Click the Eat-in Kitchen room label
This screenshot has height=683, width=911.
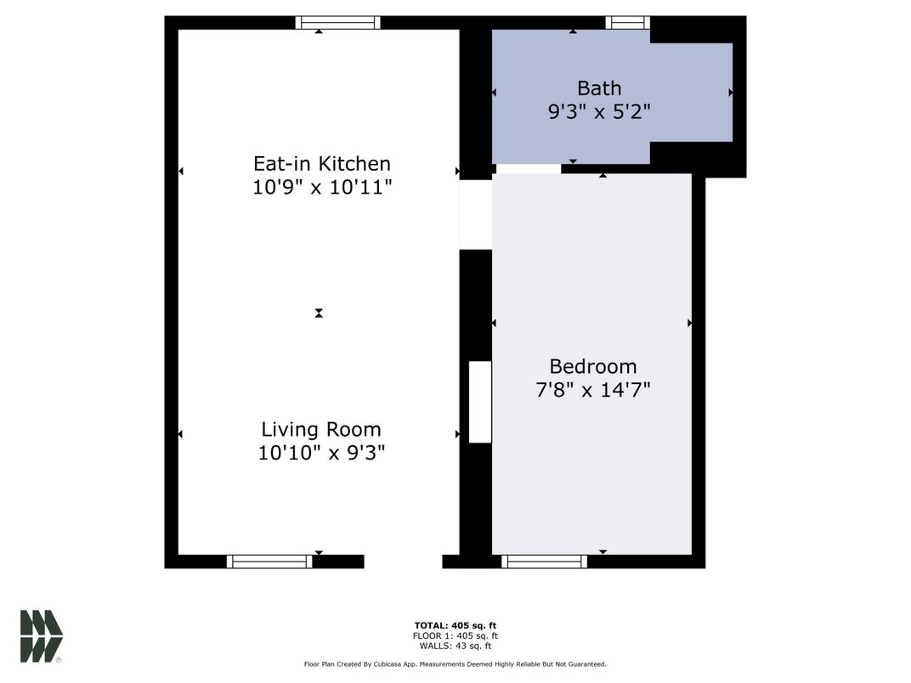[321, 163]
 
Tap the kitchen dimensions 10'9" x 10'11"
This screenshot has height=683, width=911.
[321, 187]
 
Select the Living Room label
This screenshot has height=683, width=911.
[321, 429]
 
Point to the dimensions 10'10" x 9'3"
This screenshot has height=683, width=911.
[321, 453]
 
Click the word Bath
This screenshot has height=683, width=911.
[599, 87]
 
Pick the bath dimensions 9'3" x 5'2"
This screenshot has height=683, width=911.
[599, 111]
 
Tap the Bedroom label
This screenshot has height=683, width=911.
[592, 366]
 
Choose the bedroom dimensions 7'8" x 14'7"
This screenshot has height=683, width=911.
[592, 390]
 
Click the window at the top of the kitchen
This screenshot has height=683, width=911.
[337, 23]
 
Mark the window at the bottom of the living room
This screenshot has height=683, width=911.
[269, 562]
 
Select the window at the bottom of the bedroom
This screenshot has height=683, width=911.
[544, 562]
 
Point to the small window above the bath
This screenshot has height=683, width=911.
[627, 23]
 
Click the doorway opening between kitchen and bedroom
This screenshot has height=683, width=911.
[475, 214]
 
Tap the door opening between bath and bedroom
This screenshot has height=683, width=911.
[528, 168]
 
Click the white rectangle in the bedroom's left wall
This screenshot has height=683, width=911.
[480, 402]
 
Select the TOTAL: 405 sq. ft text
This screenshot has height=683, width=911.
[455, 625]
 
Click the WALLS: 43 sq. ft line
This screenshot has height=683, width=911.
[455, 646]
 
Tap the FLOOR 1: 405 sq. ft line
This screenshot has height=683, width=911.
[455, 635]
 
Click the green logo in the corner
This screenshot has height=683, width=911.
[42, 635]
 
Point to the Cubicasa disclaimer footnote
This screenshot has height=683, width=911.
[455, 664]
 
